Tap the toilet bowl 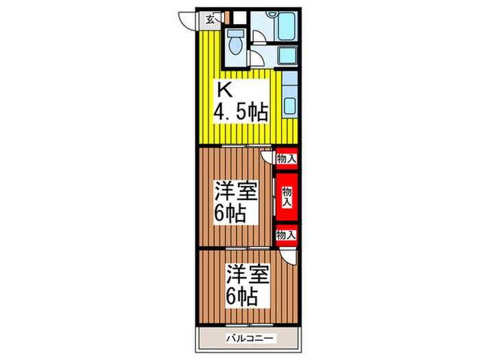tap(235, 43)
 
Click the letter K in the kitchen tap(224, 91)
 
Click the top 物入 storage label tap(287, 159)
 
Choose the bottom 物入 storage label tap(287, 235)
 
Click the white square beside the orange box tap(237, 18)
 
